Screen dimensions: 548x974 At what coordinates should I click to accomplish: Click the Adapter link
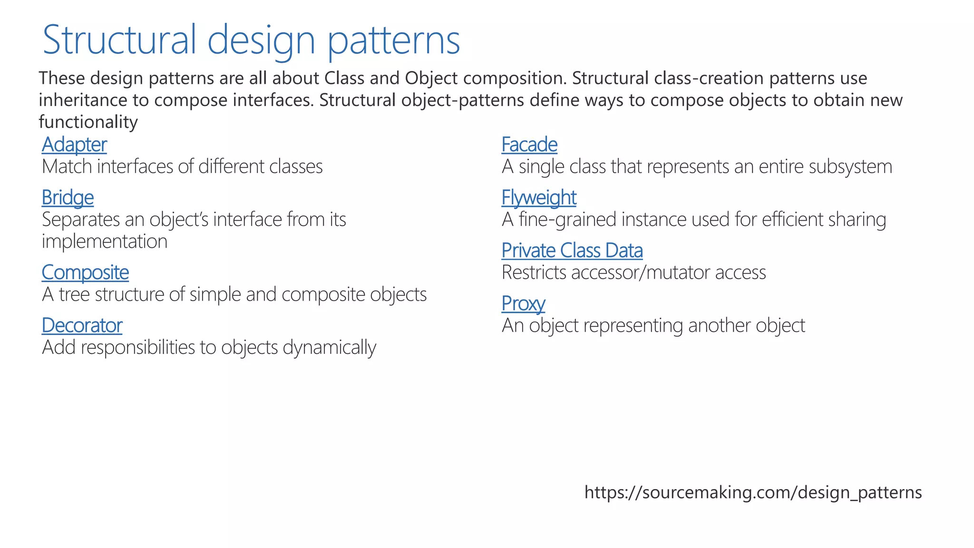(74, 145)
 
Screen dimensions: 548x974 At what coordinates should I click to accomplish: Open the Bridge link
(68, 197)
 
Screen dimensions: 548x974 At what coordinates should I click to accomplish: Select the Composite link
(85, 273)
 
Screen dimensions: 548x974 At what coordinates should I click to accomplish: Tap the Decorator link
(82, 325)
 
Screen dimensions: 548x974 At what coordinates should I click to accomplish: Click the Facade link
(529, 145)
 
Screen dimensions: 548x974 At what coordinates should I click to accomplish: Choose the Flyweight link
(539, 197)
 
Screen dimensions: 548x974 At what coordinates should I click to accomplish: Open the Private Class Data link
(572, 251)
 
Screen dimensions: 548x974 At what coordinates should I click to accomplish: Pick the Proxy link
(523, 303)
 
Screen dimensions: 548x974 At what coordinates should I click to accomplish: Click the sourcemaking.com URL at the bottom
(753, 492)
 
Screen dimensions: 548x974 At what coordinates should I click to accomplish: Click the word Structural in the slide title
(119, 40)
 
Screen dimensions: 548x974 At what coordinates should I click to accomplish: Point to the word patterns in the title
(394, 40)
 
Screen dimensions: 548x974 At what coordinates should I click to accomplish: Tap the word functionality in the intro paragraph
(88, 122)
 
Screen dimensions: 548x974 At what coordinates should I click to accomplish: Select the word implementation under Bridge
(105, 242)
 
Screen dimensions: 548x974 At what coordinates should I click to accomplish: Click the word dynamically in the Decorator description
(329, 348)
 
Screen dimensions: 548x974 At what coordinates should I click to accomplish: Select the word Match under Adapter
(67, 167)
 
